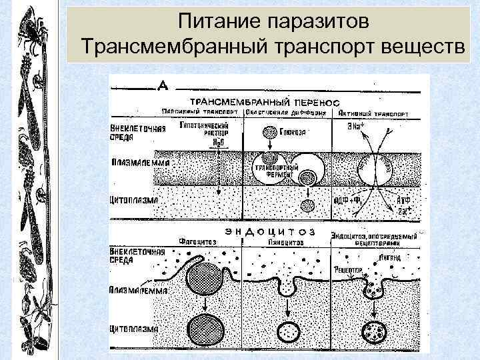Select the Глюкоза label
[x=292, y=132]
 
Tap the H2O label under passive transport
[x=218, y=142]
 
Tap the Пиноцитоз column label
[x=284, y=241]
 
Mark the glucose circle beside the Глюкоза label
[x=269, y=132]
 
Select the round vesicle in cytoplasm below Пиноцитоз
[x=289, y=331]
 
